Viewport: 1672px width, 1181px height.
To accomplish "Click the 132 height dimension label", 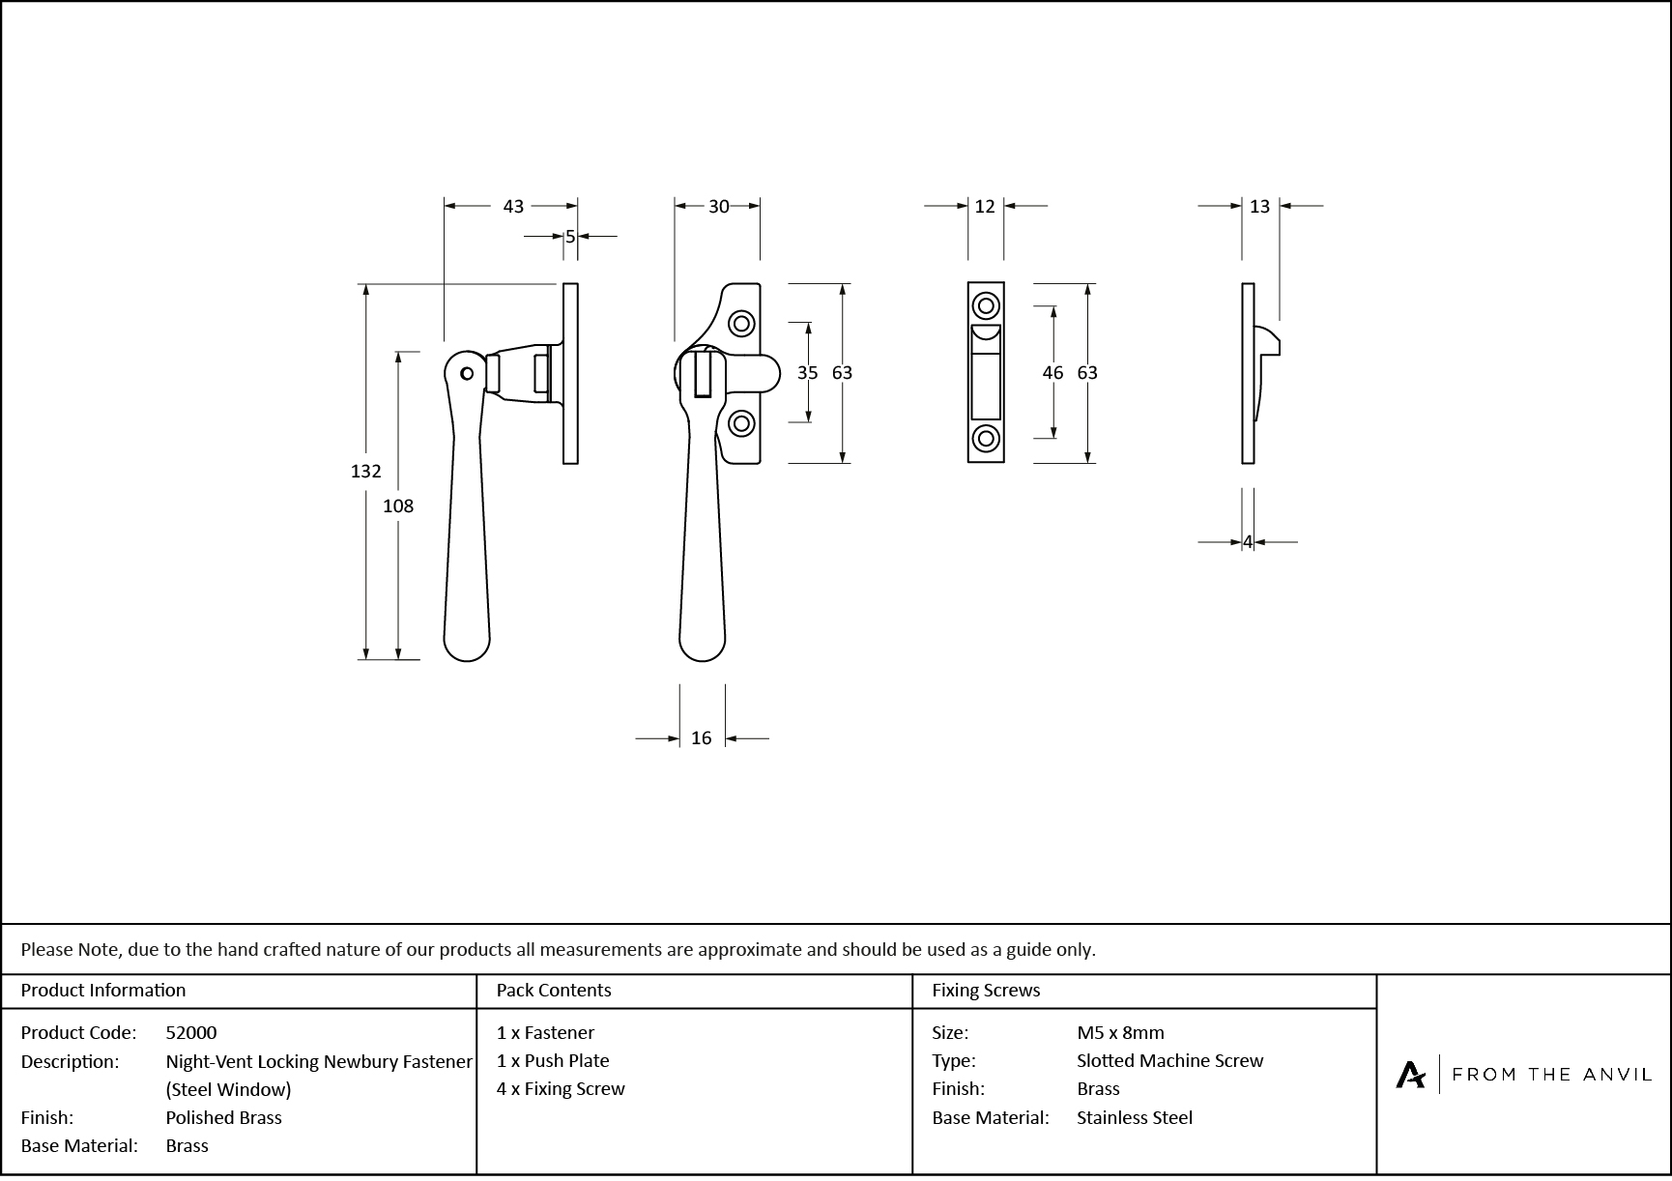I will click(x=365, y=472).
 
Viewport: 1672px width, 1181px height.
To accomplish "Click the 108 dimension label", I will click(x=398, y=505).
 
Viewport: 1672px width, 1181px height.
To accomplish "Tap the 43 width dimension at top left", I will click(x=513, y=207).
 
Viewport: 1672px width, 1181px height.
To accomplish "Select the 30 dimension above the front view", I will click(x=718, y=207).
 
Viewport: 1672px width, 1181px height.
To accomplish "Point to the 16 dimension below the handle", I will click(x=701, y=738).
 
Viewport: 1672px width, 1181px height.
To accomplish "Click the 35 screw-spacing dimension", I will click(x=807, y=373).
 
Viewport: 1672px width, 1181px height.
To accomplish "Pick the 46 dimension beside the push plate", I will click(x=1052, y=373).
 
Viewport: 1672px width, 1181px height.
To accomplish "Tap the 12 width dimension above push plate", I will click(x=985, y=207).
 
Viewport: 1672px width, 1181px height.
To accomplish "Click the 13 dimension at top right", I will click(x=1259, y=207).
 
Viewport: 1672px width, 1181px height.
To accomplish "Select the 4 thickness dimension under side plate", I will click(x=1248, y=543).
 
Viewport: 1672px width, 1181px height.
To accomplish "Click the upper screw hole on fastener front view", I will click(x=741, y=323).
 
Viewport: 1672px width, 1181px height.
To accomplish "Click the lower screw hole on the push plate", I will click(x=986, y=439).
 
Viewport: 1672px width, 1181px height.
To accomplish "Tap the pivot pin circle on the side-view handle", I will click(x=468, y=373).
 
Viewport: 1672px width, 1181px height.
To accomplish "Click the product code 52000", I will click(x=191, y=1033).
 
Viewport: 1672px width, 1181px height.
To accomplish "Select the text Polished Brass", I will click(x=223, y=1118).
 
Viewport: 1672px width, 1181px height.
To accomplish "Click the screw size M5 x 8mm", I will click(x=1120, y=1033).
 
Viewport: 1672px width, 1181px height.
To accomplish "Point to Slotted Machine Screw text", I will click(x=1169, y=1061).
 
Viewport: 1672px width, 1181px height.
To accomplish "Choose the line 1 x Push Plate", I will click(x=553, y=1061).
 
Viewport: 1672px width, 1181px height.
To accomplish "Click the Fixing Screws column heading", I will click(x=986, y=991).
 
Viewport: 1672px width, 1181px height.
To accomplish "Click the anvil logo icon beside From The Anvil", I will click(x=1410, y=1075).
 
